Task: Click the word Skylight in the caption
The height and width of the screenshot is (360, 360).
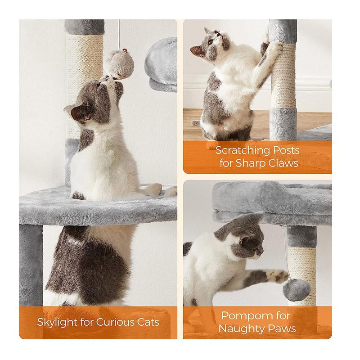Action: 57,322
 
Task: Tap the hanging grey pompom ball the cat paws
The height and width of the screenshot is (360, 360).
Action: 297,290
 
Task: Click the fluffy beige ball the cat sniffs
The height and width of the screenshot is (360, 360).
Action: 120,65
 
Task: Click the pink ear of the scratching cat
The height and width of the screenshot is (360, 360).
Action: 197,51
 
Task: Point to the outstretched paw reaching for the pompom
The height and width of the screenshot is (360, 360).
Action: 277,276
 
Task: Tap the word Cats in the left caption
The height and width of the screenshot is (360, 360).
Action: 148,322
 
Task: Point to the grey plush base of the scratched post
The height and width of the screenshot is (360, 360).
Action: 283,124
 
